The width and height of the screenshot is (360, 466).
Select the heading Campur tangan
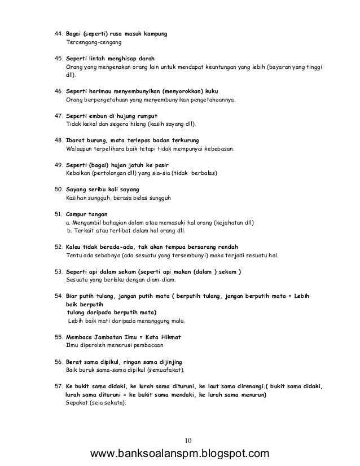click(87, 215)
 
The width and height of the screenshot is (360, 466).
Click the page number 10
click(188, 440)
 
